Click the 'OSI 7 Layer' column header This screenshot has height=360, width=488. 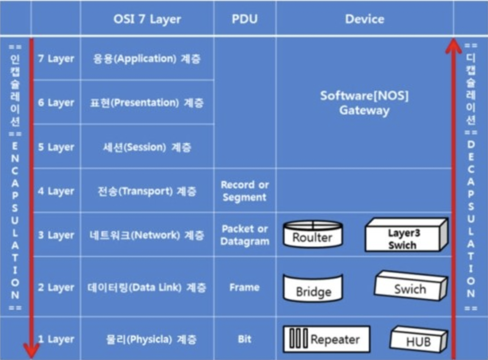pos(147,19)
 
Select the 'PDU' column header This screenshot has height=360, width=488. pos(244,19)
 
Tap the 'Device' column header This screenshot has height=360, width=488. pos(364,19)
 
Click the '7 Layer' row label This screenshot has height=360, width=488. pos(56,59)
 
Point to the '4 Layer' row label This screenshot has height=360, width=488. pos(56,191)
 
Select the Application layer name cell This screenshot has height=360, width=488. pos(147,59)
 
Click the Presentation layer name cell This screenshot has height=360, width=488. pos(147,103)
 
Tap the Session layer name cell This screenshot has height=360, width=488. pos(147,147)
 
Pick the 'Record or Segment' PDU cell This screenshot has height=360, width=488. pos(244,191)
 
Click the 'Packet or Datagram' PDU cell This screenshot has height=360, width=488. pos(244,235)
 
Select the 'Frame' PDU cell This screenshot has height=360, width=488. pos(244,287)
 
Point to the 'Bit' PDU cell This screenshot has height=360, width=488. pos(244,339)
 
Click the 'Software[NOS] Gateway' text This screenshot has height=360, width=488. pos(364,103)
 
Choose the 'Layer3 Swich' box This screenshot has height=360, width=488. pos(406,235)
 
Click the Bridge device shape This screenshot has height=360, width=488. pos(313,287)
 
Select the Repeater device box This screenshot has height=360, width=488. pos(326,339)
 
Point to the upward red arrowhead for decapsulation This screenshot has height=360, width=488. pos(454,46)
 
